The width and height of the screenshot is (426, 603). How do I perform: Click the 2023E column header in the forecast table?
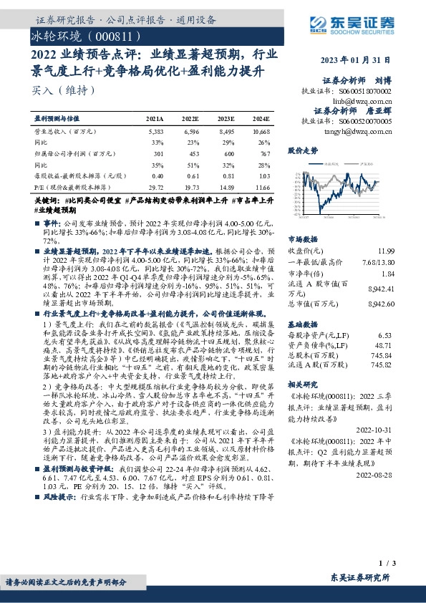226,117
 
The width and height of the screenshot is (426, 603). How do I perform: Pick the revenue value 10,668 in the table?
261,132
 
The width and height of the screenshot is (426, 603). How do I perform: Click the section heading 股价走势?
302,152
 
